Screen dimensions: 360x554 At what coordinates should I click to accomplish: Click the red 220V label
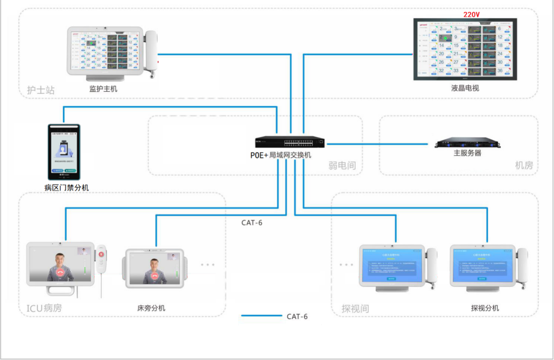click(x=471, y=14)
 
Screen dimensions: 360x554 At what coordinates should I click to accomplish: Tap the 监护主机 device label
click(x=103, y=89)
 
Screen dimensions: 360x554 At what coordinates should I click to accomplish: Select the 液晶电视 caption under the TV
click(x=465, y=88)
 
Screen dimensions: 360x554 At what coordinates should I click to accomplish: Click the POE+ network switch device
click(x=290, y=142)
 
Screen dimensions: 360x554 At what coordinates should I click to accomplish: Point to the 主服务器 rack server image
click(x=467, y=143)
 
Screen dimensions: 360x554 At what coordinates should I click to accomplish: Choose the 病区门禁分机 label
click(x=67, y=187)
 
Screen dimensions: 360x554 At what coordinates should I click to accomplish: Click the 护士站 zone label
click(x=41, y=90)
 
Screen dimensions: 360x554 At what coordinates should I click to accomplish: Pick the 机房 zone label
click(x=524, y=166)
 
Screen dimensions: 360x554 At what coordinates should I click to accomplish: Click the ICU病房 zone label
click(x=44, y=308)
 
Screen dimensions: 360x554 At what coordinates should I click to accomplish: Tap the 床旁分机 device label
click(x=151, y=308)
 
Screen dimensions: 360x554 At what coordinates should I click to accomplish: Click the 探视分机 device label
click(x=485, y=308)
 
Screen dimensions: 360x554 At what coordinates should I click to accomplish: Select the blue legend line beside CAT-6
click(x=262, y=315)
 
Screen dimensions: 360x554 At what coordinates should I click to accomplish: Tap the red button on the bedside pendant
click(x=101, y=254)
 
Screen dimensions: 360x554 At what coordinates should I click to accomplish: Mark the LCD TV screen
click(x=465, y=49)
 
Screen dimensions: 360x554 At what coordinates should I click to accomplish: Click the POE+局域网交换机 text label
click(x=281, y=155)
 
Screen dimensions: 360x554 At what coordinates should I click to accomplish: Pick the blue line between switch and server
click(x=377, y=144)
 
